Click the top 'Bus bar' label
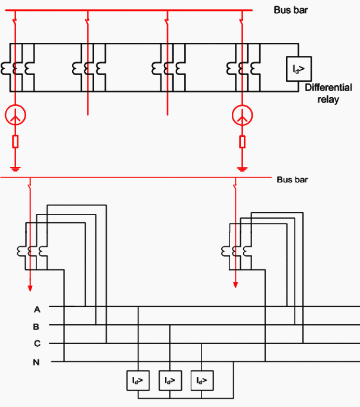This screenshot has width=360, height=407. pos(291,10)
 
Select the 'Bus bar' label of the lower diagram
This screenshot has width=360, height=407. pos(292,179)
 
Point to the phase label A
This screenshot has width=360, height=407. pos(37,309)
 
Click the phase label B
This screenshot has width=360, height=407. pos(37,327)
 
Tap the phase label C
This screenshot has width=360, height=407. pos(37,344)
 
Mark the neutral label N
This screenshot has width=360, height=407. pos(37,362)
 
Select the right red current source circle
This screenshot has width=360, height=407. pos(242,116)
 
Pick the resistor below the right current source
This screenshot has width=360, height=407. pos(242,142)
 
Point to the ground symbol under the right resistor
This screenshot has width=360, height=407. pos(242,168)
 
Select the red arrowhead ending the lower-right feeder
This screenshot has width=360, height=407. pos(235,284)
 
